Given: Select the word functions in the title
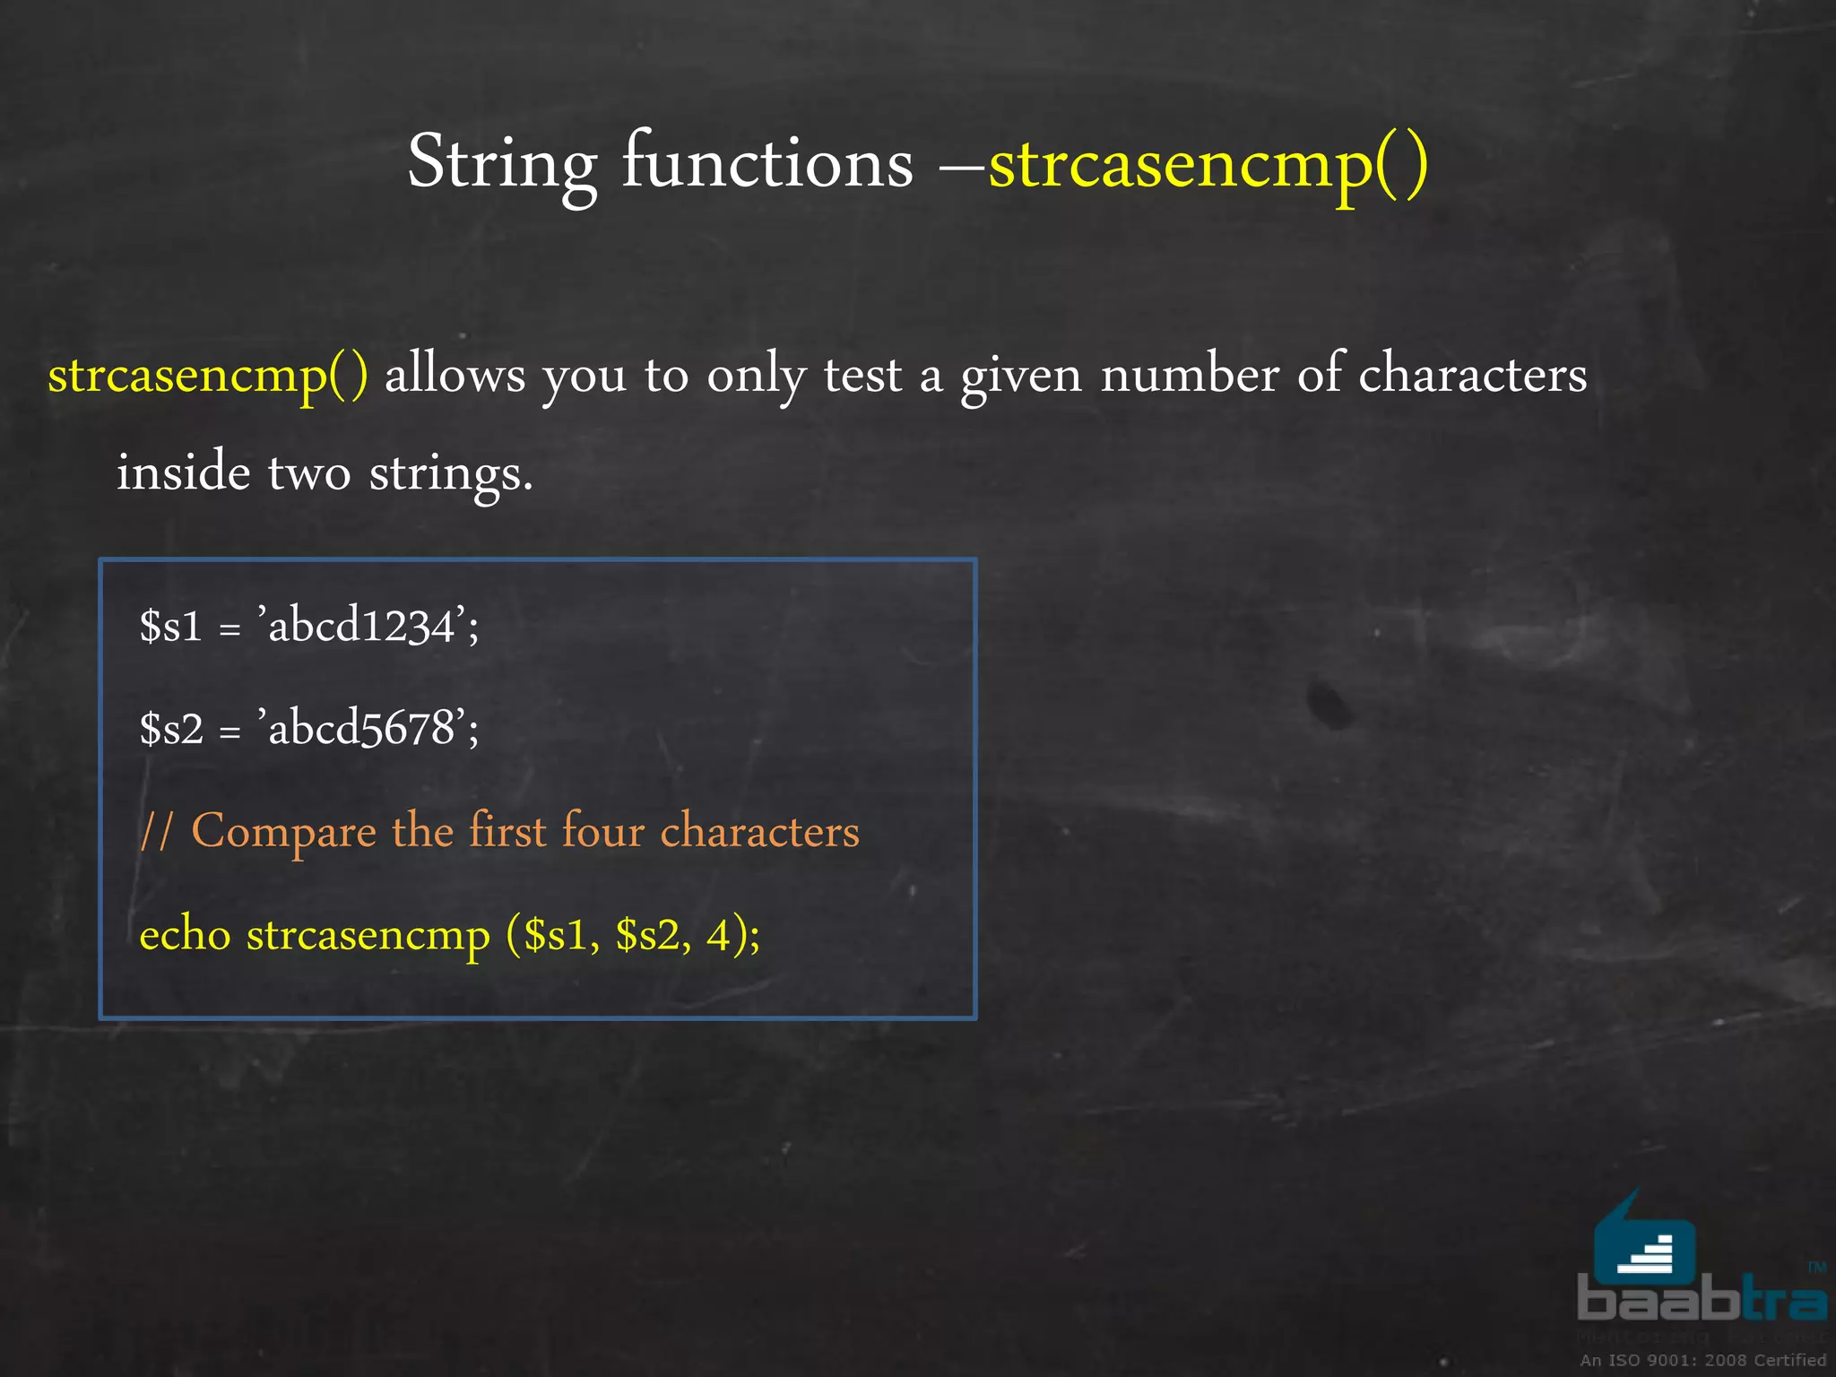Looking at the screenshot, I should coord(767,161).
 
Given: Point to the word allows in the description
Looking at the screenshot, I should coord(455,375).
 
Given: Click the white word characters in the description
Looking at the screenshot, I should coord(1472,375).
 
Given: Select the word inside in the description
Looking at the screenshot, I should coord(184,472).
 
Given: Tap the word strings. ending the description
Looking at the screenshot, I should coord(451,474).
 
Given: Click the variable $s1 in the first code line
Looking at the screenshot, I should coord(171,626).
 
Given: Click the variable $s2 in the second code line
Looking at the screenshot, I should coord(172,729).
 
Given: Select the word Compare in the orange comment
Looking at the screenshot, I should coord(284,832).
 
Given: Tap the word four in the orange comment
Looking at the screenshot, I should coord(602,831).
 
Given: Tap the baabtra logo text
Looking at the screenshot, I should coord(1701,1300).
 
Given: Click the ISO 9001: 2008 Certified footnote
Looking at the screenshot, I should coord(1702,1360).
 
